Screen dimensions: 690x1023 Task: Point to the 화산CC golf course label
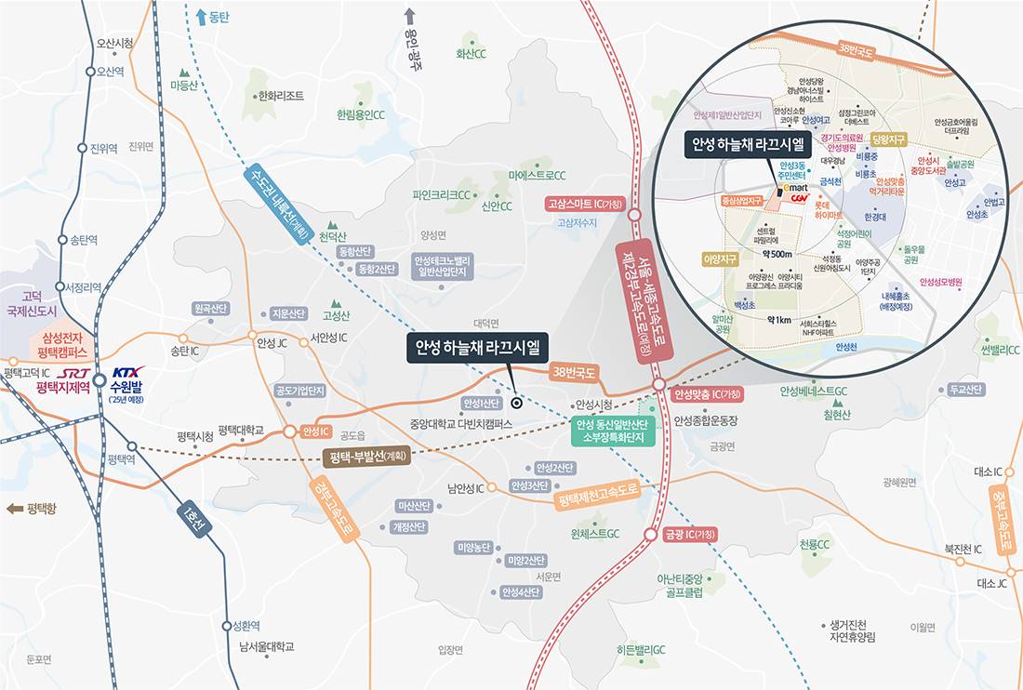tap(472, 54)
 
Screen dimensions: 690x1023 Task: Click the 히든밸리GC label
tap(641, 651)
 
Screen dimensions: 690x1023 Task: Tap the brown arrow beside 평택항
tap(14, 509)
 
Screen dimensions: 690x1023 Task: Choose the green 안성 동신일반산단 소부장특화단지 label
tap(613, 431)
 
